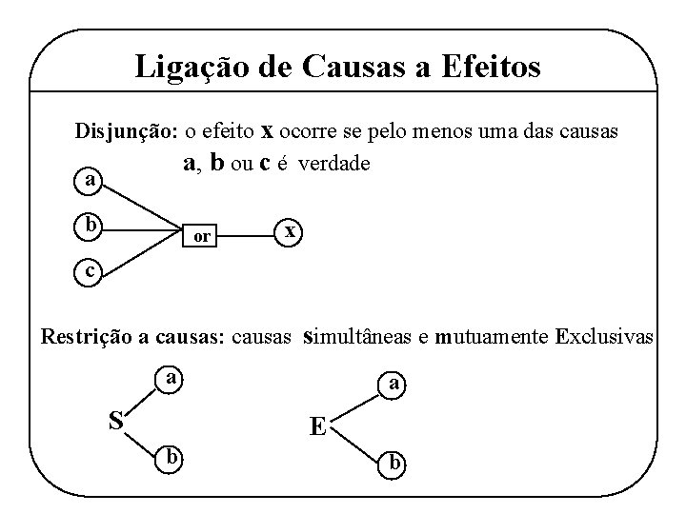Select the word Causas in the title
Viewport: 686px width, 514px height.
coord(353,68)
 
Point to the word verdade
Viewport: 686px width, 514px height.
coord(333,164)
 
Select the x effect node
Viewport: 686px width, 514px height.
coord(291,231)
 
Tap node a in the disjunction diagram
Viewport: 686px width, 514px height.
coord(90,180)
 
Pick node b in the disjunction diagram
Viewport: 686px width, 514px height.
coord(90,226)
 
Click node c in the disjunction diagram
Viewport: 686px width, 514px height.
coord(89,271)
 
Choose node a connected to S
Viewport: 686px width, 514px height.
coord(170,378)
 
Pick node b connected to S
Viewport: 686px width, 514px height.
coord(170,457)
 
